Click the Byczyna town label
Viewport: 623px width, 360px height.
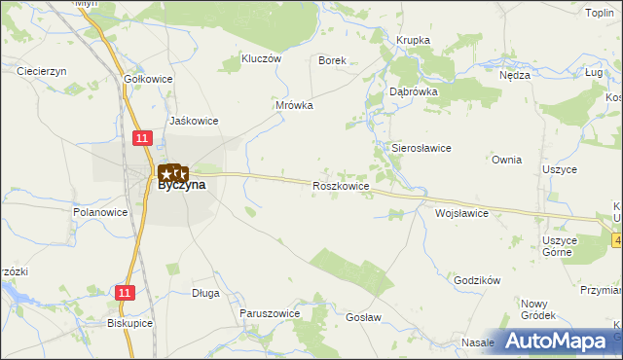182,186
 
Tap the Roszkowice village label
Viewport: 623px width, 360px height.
340,185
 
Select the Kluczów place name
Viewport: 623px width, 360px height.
260,58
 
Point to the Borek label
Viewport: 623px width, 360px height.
333,60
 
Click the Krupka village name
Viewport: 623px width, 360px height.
414,40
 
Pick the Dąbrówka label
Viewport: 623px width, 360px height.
414,90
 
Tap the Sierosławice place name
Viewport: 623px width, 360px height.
421,148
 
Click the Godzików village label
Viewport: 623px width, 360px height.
477,280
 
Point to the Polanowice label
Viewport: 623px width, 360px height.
101,211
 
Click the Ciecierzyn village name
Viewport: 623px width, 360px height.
41,71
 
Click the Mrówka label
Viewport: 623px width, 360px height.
294,105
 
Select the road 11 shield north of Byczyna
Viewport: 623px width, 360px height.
142,139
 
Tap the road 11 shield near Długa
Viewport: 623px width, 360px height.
124,292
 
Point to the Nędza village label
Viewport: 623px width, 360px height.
514,75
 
